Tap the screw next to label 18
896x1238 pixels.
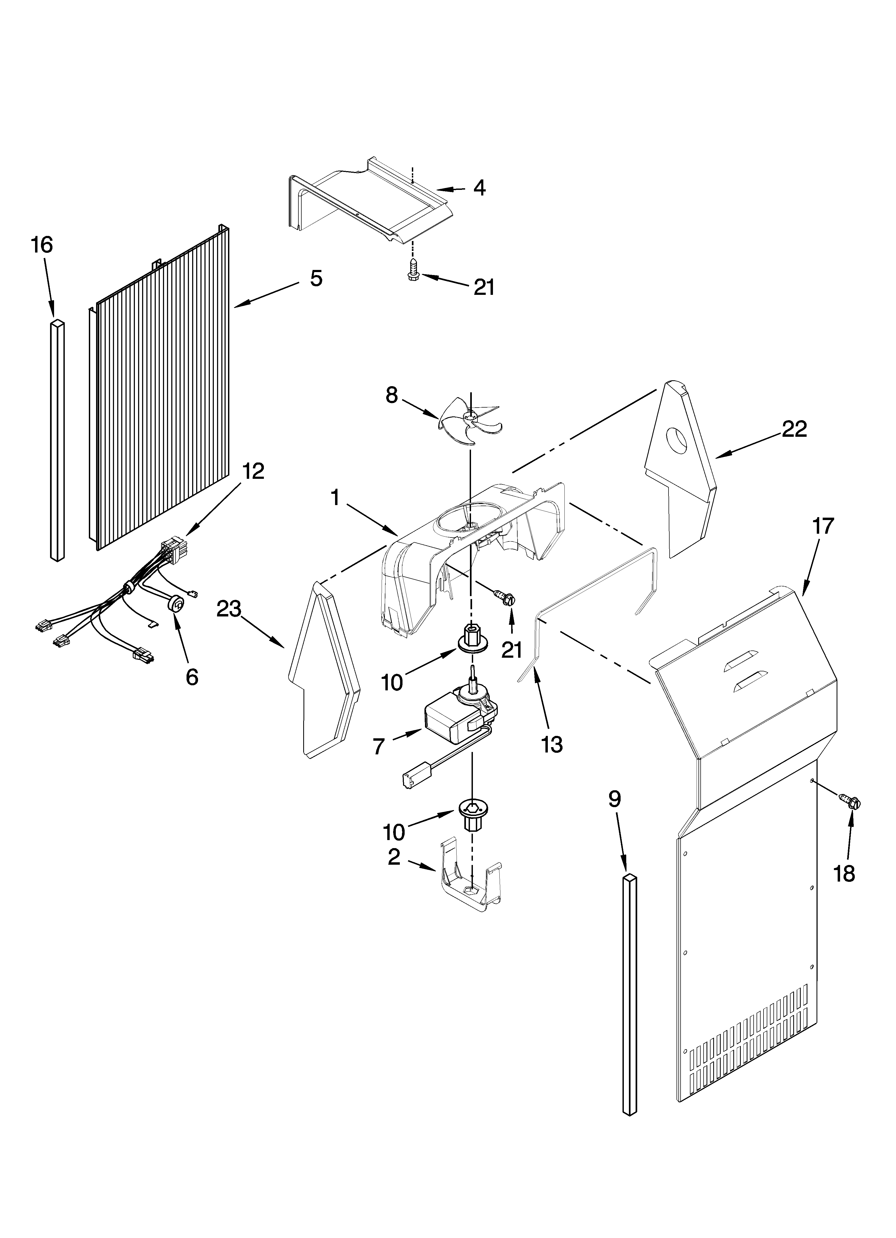(852, 817)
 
